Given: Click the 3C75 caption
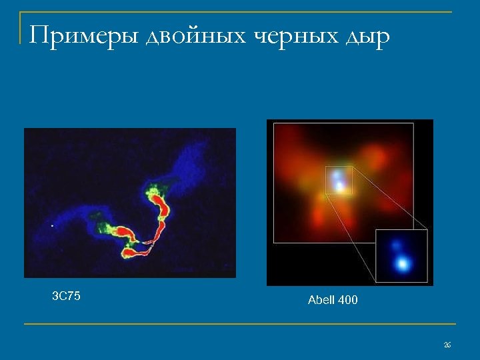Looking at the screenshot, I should (x=66, y=296).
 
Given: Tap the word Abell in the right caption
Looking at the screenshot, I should (x=321, y=300).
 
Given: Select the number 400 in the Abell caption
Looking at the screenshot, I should (x=348, y=300).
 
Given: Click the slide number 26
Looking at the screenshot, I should (x=447, y=345).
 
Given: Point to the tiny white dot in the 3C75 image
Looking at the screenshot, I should (x=53, y=226).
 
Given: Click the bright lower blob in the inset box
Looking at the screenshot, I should (x=402, y=264).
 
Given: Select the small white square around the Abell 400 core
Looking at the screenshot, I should (x=338, y=181).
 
